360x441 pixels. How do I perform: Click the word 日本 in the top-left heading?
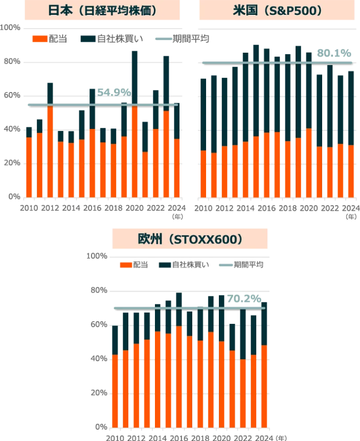(58, 10)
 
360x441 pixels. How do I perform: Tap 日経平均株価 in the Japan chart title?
(117, 10)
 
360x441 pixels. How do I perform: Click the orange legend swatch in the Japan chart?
(40, 39)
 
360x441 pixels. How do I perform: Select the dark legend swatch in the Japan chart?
(87, 39)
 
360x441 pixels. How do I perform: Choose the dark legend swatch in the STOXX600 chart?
(165, 265)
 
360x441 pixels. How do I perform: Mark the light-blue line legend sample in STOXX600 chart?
(225, 265)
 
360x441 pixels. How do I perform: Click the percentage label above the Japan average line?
(114, 92)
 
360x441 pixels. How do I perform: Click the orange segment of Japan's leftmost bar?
(29, 166)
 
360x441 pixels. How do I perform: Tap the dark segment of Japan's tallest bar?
(135, 77)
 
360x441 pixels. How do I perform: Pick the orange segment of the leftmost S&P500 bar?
(204, 174)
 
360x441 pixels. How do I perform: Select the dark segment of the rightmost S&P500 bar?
(352, 107)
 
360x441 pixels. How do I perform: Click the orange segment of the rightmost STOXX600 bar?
(264, 386)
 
